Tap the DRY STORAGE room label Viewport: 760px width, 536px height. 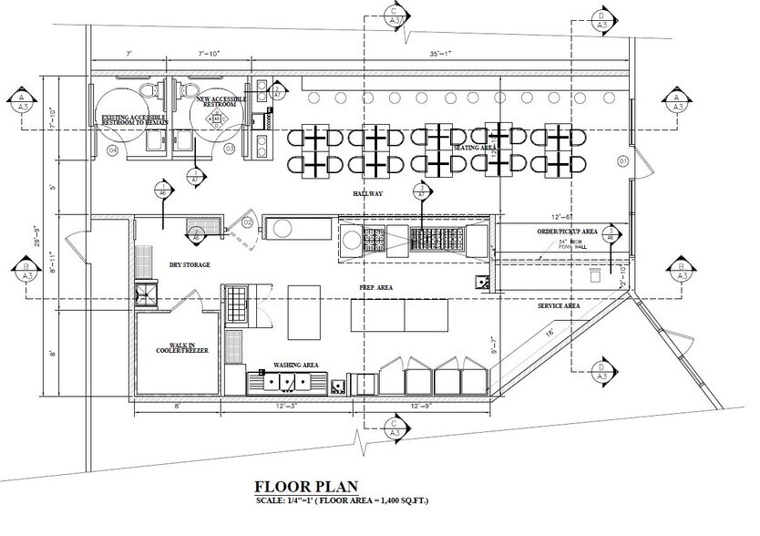coord(190,265)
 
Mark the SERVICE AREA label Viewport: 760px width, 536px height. coord(559,306)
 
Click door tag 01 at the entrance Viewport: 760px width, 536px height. coord(623,161)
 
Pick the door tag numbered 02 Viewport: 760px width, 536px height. coord(247,222)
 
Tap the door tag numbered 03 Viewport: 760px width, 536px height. coord(230,149)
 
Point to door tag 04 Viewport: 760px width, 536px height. coord(112,149)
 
